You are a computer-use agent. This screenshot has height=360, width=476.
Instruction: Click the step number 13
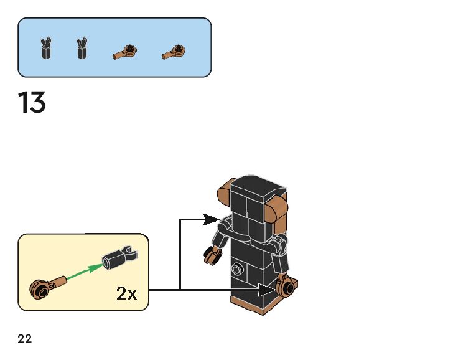point(32,102)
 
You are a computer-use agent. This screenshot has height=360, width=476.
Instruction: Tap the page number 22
point(25,338)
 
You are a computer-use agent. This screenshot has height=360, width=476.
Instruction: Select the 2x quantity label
point(126,293)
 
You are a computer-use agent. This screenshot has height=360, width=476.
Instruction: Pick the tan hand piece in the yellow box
point(47,287)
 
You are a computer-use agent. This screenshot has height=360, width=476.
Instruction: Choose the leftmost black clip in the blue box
point(46,48)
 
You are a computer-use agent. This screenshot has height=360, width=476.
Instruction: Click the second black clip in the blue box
point(82,48)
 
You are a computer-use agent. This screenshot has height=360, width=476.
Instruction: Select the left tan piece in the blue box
point(125,52)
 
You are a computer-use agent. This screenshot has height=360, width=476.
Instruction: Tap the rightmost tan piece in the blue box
point(174,52)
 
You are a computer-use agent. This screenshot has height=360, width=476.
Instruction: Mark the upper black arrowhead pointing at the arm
point(211,220)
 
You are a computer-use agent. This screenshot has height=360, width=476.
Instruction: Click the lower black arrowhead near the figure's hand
point(266,290)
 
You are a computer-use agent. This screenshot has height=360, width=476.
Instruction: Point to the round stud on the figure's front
point(237,269)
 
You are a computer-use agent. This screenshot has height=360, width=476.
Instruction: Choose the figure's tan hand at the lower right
point(287,286)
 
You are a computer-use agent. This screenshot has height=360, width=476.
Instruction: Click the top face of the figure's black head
point(258,184)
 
